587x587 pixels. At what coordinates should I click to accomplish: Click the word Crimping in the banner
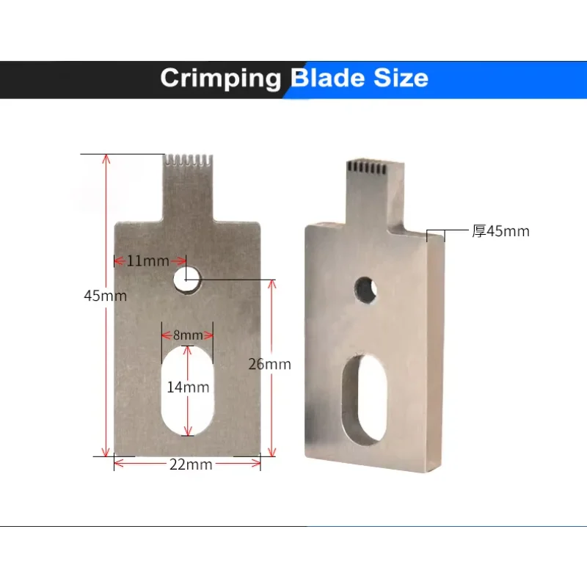pyautogui.click(x=221, y=79)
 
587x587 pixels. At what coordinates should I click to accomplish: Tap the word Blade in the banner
pyautogui.click(x=327, y=78)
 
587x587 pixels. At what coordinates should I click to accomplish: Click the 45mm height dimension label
pyautogui.click(x=105, y=296)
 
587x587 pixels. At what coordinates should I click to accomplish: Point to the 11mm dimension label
pyautogui.click(x=148, y=261)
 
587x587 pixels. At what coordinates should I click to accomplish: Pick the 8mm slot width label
pyautogui.click(x=188, y=335)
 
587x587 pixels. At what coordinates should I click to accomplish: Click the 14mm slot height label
pyautogui.click(x=188, y=387)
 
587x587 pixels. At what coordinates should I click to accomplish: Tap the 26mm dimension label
pyautogui.click(x=269, y=364)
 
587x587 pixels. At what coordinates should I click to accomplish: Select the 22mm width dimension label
pyautogui.click(x=191, y=464)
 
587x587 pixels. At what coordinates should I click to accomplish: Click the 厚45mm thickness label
pyautogui.click(x=500, y=231)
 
